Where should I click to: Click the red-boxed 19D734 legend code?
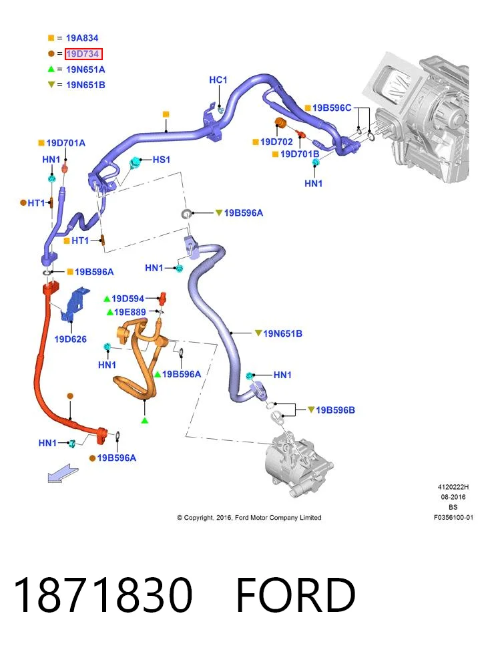click(83, 54)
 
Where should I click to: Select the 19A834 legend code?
click(82, 38)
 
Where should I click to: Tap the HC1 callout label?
click(218, 80)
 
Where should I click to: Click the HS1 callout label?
click(161, 160)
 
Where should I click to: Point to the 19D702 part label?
click(276, 142)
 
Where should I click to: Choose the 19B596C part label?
click(332, 108)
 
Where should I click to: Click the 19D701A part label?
click(65, 143)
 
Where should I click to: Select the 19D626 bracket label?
click(71, 339)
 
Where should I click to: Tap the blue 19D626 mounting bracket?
click(75, 304)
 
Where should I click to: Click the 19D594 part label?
click(128, 299)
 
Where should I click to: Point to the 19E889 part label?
click(130, 312)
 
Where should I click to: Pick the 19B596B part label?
click(335, 410)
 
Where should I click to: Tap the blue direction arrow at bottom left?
click(63, 474)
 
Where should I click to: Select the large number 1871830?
click(103, 595)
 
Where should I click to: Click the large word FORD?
click(296, 595)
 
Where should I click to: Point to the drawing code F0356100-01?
click(453, 517)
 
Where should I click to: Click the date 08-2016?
click(453, 497)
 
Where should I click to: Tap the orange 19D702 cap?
click(281, 123)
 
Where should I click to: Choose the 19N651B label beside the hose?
click(282, 334)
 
